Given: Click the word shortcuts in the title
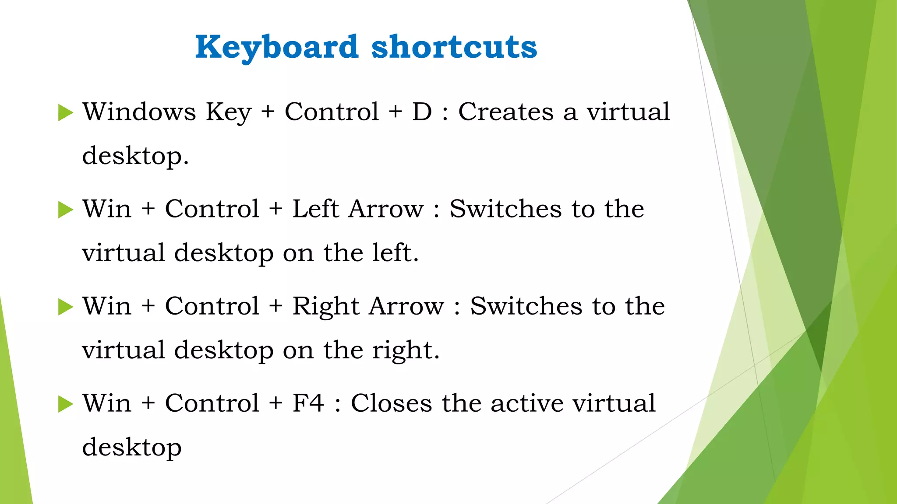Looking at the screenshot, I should pyautogui.click(x=454, y=47).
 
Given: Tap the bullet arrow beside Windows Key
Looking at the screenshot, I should pyautogui.click(x=65, y=112).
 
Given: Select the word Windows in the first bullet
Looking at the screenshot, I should pyautogui.click(x=139, y=112).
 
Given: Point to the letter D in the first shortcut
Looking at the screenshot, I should pyautogui.click(x=422, y=112).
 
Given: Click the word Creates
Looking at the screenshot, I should pyautogui.click(x=506, y=112).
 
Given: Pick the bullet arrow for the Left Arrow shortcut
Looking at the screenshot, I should pyautogui.click(x=65, y=210).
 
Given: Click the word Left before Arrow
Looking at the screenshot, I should pyautogui.click(x=315, y=209).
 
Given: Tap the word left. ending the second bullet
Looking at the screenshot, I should pyautogui.click(x=396, y=253).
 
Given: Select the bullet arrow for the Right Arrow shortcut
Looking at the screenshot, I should pyautogui.click(x=65, y=307).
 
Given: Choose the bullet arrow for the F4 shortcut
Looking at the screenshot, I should pyautogui.click(x=65, y=404).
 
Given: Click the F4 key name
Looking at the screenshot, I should pyautogui.click(x=308, y=403).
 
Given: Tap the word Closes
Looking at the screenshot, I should pyautogui.click(x=391, y=403).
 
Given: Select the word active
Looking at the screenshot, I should pyautogui.click(x=526, y=403).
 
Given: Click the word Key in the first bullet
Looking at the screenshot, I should pyautogui.click(x=229, y=112).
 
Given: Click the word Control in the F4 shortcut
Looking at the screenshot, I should pyautogui.click(x=212, y=403).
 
